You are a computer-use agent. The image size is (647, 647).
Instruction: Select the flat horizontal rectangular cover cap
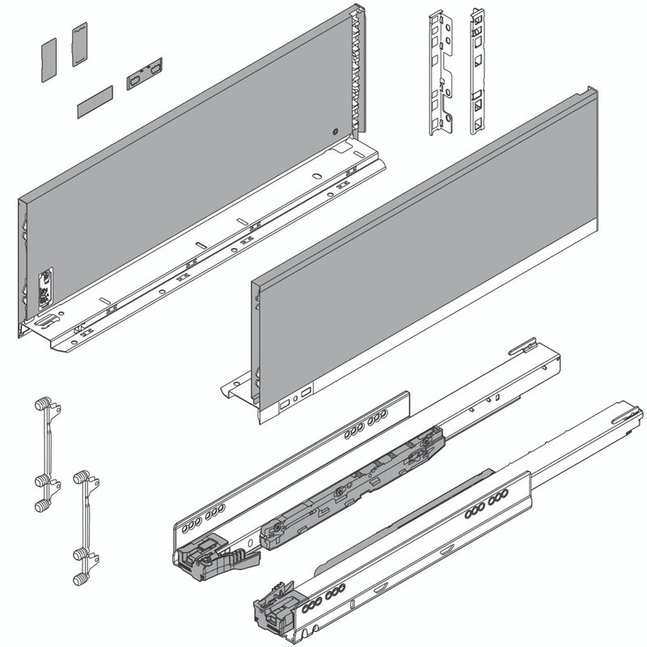point(95,104)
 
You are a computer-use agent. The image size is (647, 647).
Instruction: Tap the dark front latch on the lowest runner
point(273,603)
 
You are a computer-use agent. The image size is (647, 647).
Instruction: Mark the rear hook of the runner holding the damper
point(523,347)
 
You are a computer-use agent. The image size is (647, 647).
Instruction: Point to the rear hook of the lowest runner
point(628,417)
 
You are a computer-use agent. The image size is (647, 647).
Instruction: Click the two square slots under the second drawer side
point(294,399)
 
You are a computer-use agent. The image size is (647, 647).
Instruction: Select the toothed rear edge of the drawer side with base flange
point(353,73)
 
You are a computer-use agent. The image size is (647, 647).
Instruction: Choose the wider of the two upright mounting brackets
point(441,73)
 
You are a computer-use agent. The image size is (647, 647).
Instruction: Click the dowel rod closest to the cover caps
point(46,453)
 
